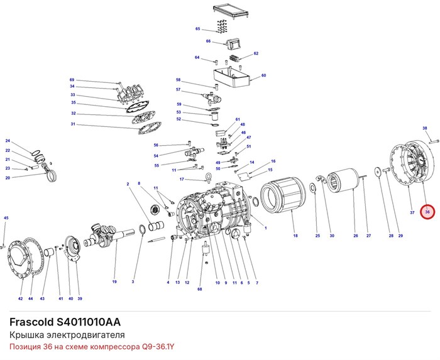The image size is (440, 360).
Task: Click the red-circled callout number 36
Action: [427, 212]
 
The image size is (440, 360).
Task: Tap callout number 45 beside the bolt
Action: [6, 218]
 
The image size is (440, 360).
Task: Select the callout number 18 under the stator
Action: [295, 236]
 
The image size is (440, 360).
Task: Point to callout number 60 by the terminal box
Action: [263, 75]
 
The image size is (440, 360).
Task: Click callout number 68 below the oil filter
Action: [199, 289]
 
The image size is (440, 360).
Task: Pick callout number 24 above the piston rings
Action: [8, 141]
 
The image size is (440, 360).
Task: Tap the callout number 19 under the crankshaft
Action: [114, 281]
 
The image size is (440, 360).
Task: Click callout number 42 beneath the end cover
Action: [20, 298]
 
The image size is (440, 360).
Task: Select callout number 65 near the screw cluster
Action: [197, 29]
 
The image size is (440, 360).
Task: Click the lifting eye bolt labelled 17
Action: [208, 177]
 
